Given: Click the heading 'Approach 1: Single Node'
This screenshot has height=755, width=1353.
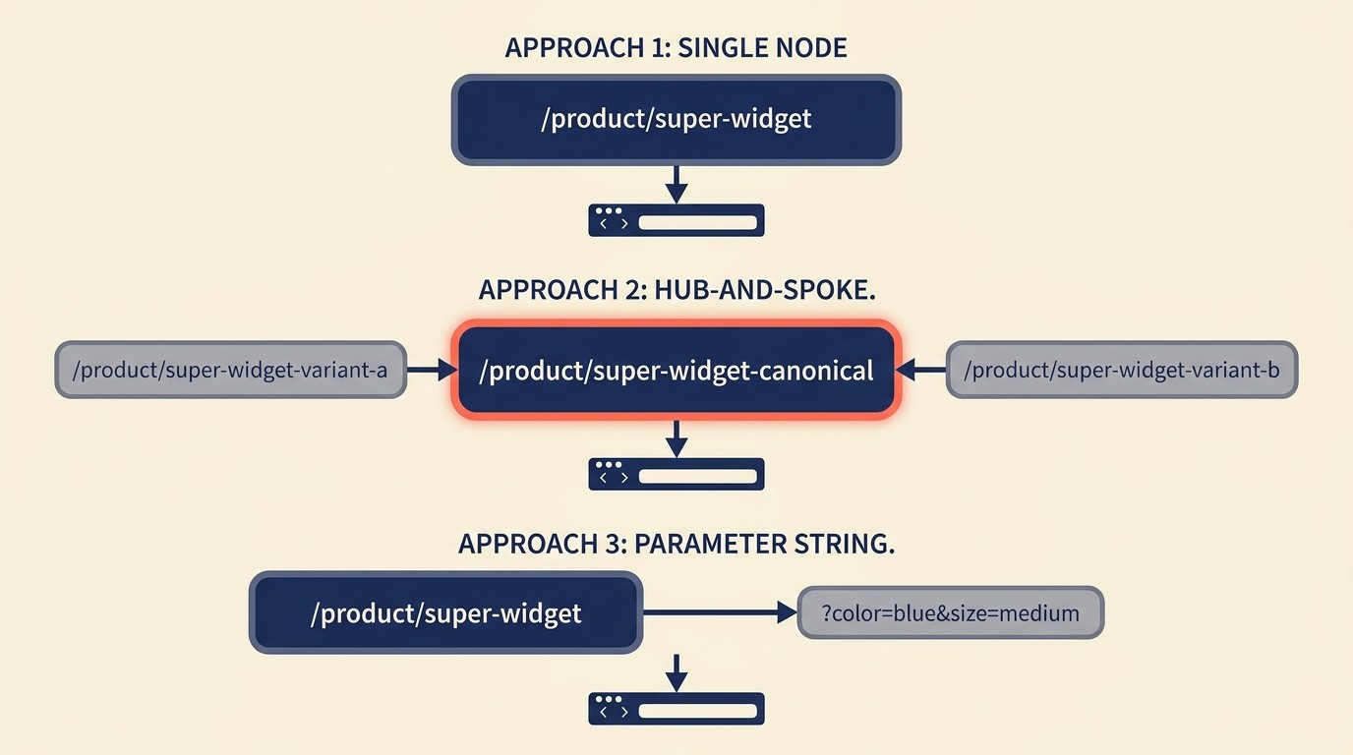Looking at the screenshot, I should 676,47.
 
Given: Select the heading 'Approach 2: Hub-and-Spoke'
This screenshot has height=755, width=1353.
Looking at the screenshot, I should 676,291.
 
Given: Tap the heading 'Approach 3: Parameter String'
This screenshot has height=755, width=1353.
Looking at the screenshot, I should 676,544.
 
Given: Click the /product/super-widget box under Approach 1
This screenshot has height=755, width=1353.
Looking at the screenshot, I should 676,119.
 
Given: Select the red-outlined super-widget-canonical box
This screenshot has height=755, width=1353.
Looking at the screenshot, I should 676,371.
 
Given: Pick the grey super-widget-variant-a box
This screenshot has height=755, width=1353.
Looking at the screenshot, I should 230,370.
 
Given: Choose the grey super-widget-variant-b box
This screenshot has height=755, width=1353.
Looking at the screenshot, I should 1121,370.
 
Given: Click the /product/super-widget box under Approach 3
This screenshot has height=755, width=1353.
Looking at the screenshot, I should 445,613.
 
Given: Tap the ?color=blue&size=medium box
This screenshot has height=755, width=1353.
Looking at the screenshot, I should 950,613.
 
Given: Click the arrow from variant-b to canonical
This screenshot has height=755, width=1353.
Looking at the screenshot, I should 921,370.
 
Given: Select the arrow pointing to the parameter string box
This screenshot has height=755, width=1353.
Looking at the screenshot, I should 718,613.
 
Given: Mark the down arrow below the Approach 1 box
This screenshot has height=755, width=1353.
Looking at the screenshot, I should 676,184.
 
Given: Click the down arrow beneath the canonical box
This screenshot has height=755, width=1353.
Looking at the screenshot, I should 676,438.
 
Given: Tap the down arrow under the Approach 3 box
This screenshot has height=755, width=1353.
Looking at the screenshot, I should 676,672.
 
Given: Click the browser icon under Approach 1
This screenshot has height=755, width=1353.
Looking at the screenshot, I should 676,220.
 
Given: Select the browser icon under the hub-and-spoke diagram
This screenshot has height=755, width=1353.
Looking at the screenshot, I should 676,474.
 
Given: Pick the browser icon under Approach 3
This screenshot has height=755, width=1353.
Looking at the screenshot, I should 676,709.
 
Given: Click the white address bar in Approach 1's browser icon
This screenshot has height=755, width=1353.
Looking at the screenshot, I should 697,223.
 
